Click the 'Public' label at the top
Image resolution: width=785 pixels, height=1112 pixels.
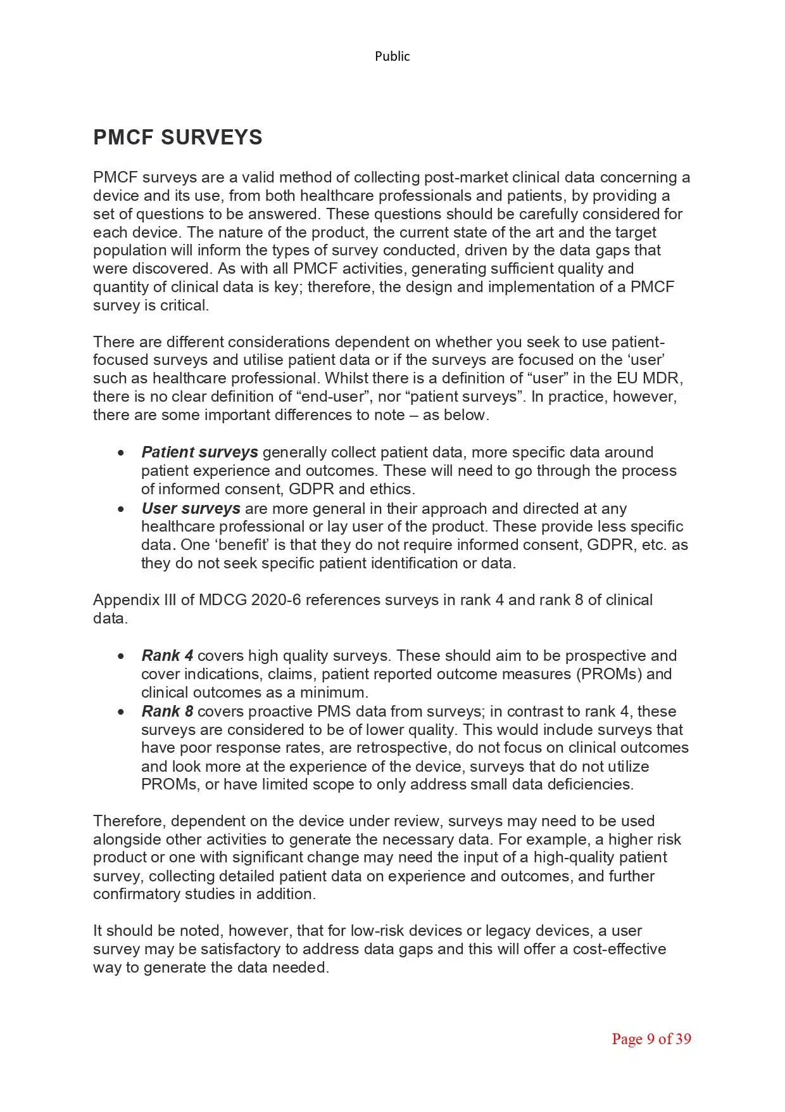[x=392, y=56]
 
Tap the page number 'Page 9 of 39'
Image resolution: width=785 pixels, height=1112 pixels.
[x=651, y=1039]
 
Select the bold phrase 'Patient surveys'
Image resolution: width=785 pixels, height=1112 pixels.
[x=199, y=452]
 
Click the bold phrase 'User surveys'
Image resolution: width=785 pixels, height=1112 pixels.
[x=191, y=509]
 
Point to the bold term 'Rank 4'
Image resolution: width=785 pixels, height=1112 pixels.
[x=167, y=656]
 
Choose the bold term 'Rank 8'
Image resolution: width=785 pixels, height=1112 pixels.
[x=167, y=712]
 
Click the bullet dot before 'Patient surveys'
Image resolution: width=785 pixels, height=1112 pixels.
[x=121, y=453]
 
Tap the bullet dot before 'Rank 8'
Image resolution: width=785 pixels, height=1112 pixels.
[x=121, y=712]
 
